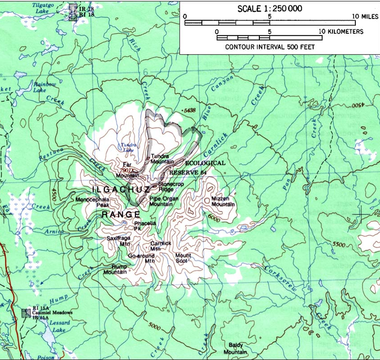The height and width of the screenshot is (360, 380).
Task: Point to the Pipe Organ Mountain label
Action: point(161,201)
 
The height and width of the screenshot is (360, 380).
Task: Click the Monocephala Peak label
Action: point(93,203)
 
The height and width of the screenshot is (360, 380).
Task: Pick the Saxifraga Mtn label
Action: point(118,241)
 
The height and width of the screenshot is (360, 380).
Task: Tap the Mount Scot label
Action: point(183,258)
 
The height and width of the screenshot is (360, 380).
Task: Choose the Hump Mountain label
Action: point(115,269)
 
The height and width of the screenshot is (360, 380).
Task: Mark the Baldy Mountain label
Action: point(236,349)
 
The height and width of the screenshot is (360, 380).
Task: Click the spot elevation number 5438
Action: point(189,110)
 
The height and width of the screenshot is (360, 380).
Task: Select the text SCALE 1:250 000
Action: point(269,8)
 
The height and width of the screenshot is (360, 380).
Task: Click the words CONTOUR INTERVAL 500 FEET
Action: point(269,47)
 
